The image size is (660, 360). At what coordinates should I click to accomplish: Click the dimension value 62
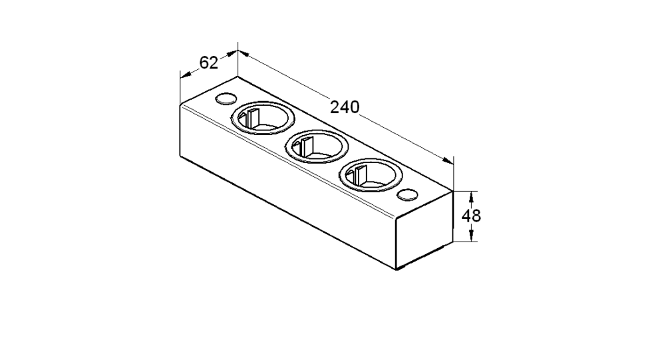tap(208, 63)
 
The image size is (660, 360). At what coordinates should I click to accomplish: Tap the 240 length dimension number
tap(345, 107)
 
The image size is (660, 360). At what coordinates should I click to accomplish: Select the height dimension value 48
tap(471, 216)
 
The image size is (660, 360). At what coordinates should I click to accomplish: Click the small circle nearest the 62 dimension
tap(225, 99)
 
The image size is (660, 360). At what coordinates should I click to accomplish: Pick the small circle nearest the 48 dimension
tap(407, 194)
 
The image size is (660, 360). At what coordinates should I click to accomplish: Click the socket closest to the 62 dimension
tap(263, 118)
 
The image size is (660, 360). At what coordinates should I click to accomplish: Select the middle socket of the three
tap(317, 147)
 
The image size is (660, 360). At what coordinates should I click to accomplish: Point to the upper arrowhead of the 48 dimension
tap(472, 196)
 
